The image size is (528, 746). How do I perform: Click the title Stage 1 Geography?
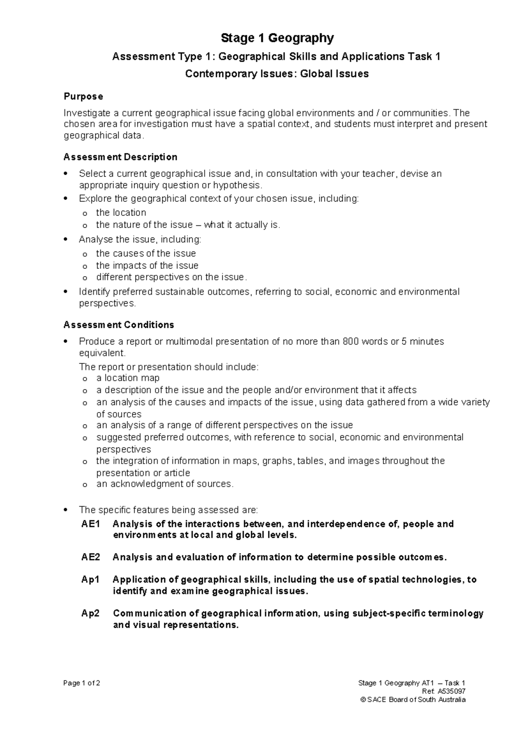[x=277, y=39]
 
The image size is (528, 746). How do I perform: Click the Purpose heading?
[x=83, y=96]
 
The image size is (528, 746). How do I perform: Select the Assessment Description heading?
[x=120, y=157]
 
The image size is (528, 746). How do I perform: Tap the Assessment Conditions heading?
[x=118, y=325]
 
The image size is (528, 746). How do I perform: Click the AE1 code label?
[x=91, y=524]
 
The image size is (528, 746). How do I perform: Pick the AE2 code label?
[x=91, y=557]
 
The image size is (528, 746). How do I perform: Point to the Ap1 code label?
[x=90, y=580]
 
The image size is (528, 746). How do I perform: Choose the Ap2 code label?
[x=91, y=613]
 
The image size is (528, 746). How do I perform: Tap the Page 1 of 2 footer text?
[x=82, y=683]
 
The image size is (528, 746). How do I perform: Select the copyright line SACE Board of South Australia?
[x=412, y=699]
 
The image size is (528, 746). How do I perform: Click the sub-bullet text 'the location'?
[x=121, y=213]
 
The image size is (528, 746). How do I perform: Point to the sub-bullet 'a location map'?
[x=128, y=378]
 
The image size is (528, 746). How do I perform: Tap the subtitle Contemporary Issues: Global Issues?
[x=277, y=74]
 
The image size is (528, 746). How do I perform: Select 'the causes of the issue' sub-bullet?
[x=146, y=254]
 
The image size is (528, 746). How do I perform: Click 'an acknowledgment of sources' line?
[x=165, y=484]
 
